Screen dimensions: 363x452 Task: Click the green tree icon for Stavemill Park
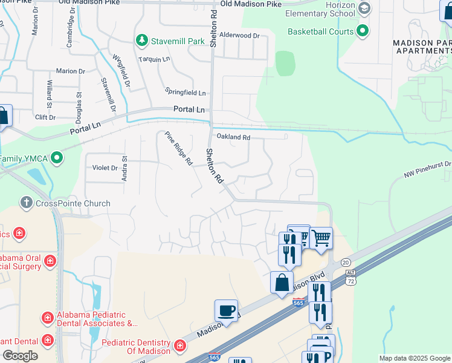pos(142,41)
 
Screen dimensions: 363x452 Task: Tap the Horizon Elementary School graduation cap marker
pos(364,8)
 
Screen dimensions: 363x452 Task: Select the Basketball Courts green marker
pos(363,31)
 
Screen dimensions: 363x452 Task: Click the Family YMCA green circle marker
pos(57,159)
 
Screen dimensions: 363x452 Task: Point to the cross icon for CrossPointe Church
pos(26,203)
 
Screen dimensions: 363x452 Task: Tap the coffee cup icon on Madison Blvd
pos(226,311)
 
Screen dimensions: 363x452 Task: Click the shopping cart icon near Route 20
pos(321,238)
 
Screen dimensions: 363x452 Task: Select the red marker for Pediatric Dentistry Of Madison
pos(179,346)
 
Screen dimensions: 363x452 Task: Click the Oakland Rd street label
pos(233,137)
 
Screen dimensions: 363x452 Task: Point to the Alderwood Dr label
pos(239,36)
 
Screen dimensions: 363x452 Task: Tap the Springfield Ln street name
pos(186,93)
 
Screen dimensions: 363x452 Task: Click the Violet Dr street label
pos(105,168)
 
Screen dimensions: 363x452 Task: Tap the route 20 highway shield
pos(345,261)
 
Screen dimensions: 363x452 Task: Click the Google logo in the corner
pos(20,356)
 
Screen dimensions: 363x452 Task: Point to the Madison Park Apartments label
pos(422,47)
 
